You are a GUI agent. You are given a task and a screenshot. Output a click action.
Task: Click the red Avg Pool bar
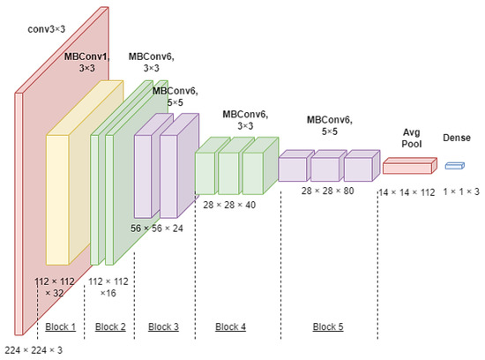pyautogui.click(x=408, y=165)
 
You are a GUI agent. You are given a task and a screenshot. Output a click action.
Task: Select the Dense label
pyautogui.click(x=458, y=139)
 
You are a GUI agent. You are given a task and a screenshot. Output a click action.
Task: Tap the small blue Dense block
pyautogui.click(x=454, y=164)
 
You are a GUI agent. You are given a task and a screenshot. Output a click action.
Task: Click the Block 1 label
pyautogui.click(x=61, y=326)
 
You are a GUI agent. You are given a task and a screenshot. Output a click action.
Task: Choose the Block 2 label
pyautogui.click(x=110, y=326)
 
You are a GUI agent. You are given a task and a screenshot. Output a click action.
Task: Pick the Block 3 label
pyautogui.click(x=163, y=326)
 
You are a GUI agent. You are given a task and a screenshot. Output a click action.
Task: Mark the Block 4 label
pyautogui.click(x=230, y=326)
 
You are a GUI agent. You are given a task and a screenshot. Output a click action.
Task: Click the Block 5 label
pyautogui.click(x=327, y=326)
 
